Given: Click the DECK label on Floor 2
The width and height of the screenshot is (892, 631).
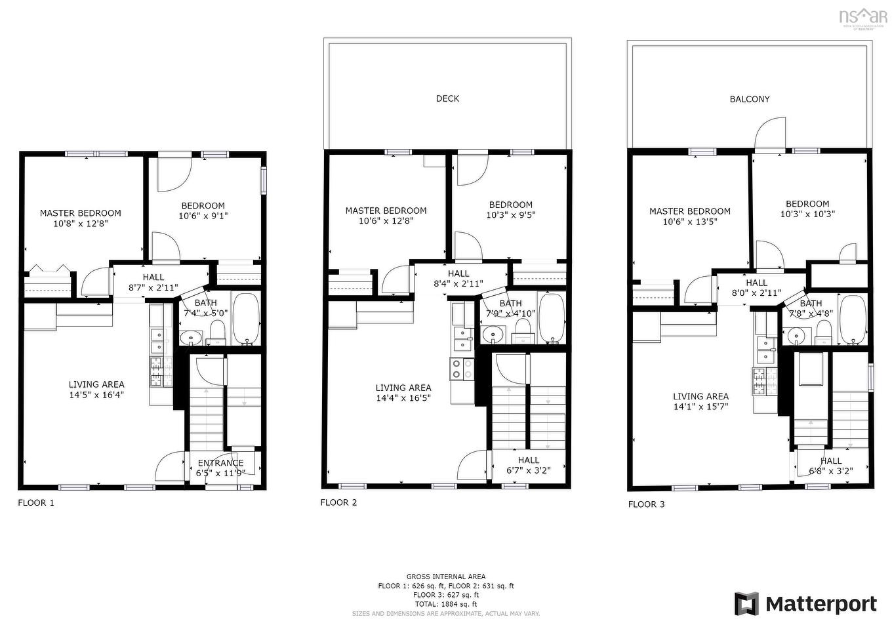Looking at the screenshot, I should click(447, 98).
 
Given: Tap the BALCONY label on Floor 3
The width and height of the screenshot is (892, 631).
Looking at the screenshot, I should click(749, 99).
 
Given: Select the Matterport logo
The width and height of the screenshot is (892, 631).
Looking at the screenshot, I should click(805, 603).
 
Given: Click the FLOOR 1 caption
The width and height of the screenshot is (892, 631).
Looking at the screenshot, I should click(36, 502).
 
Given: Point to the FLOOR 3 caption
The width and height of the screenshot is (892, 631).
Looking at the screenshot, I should click(646, 504).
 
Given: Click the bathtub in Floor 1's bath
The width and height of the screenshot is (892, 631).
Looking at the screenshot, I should click(247, 318).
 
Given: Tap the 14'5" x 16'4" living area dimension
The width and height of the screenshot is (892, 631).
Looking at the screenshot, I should click(96, 395).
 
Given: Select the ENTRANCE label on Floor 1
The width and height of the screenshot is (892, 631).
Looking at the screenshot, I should click(220, 463).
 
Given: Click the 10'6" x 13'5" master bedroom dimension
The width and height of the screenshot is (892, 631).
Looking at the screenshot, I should click(689, 222).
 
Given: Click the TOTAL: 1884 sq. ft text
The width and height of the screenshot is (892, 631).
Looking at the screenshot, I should click(446, 604).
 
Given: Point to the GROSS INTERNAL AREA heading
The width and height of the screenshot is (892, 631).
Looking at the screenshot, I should click(446, 577).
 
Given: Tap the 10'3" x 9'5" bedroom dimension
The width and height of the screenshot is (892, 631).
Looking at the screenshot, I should click(510, 214).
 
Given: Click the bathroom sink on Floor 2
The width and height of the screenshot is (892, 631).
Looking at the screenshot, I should click(490, 335).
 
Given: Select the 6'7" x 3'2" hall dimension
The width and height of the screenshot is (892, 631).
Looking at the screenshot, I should click(528, 470).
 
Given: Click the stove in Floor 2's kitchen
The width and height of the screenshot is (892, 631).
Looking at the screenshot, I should click(462, 369).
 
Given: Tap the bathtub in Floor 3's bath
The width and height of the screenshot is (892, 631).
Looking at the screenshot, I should click(853, 319).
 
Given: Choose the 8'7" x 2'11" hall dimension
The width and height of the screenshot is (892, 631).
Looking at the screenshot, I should click(153, 287).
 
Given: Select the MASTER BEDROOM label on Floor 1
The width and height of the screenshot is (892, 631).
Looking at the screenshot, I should click(80, 213).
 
